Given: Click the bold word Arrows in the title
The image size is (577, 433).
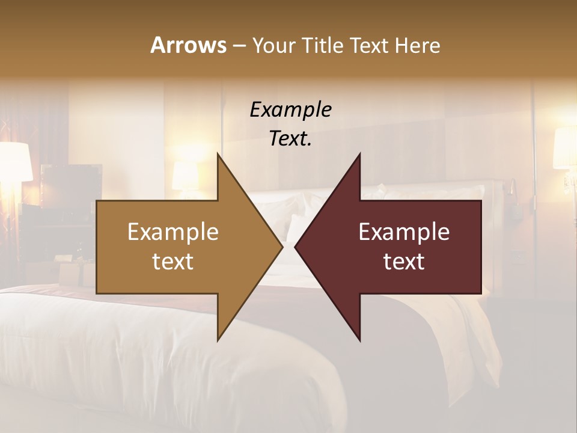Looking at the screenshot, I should coord(188,45).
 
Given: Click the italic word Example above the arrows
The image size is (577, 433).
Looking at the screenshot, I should coord(290,109).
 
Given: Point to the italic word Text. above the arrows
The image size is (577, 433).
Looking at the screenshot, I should coord(290,138).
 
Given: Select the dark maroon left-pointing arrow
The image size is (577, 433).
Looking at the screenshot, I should coord(409,247).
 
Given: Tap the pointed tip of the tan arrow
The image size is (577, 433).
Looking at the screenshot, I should coord(280,247).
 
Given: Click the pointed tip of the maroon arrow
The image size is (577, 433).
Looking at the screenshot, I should coord(297,247).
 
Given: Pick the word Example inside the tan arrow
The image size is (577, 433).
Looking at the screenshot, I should coord(173,232).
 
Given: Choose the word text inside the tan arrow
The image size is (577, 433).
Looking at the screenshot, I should coord(173,262).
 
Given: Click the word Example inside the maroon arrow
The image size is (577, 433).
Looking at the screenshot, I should coord(404,232).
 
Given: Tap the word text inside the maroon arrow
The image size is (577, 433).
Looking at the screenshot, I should coord(404,262).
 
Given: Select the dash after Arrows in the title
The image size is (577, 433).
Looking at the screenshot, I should coord(239,46).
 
